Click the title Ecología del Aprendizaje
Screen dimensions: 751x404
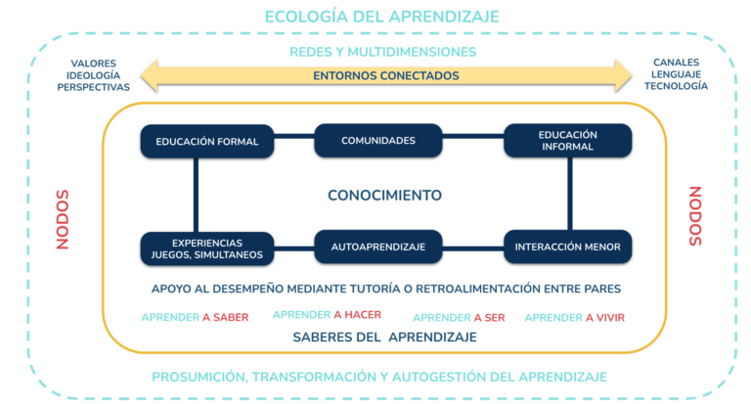pyautogui.click(x=381, y=17)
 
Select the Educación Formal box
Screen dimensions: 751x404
pyautogui.click(x=207, y=142)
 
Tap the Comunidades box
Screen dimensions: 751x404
pyautogui.click(x=377, y=141)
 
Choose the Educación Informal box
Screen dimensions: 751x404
pyautogui.click(x=567, y=141)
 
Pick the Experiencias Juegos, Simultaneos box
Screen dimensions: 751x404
pyautogui.click(x=207, y=248)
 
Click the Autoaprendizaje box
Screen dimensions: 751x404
pyautogui.click(x=377, y=247)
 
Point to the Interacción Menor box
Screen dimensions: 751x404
pyautogui.click(x=567, y=247)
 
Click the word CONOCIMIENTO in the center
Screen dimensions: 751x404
pyautogui.click(x=384, y=195)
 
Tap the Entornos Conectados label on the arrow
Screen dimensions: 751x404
pyautogui.click(x=386, y=75)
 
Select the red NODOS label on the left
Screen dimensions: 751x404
pyautogui.click(x=63, y=219)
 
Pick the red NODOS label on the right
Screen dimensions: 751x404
pyautogui.click(x=695, y=216)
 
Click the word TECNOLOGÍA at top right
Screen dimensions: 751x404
pyautogui.click(x=676, y=86)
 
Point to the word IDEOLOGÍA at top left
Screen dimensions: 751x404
pyautogui.click(x=94, y=75)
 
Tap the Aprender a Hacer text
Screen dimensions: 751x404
pyautogui.click(x=328, y=315)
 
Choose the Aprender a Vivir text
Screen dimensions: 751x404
pyautogui.click(x=575, y=317)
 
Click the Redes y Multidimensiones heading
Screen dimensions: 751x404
pyautogui.click(x=382, y=52)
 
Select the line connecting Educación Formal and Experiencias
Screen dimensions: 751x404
pyautogui.click(x=196, y=195)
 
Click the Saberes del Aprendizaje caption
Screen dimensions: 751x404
pyautogui.click(x=384, y=337)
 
